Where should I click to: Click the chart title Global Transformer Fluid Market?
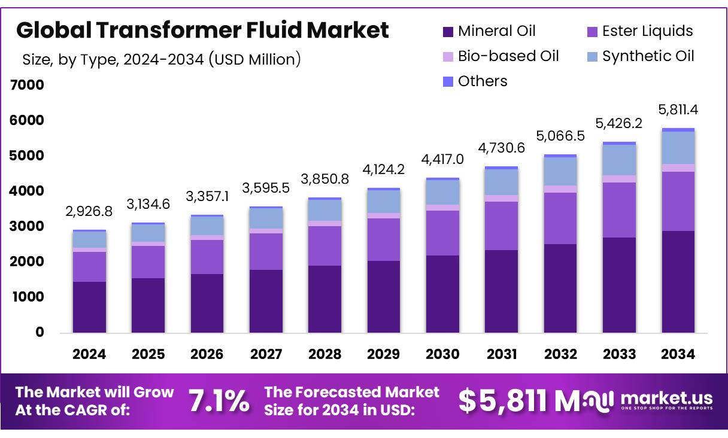(202, 30)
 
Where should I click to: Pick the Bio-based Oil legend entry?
(500, 56)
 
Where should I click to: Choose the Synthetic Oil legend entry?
(640, 56)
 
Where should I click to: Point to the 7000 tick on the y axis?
(27, 85)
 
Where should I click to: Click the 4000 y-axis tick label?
(27, 191)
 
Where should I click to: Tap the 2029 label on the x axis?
(383, 354)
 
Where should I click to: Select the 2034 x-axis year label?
(678, 354)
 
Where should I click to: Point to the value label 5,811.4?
(678, 110)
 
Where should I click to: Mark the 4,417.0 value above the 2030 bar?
(442, 160)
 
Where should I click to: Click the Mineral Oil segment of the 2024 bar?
(89, 306)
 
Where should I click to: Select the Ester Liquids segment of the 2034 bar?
(678, 201)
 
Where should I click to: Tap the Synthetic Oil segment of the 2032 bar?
(560, 171)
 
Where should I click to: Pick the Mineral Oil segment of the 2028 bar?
(324, 299)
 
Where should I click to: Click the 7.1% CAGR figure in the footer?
(219, 401)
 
